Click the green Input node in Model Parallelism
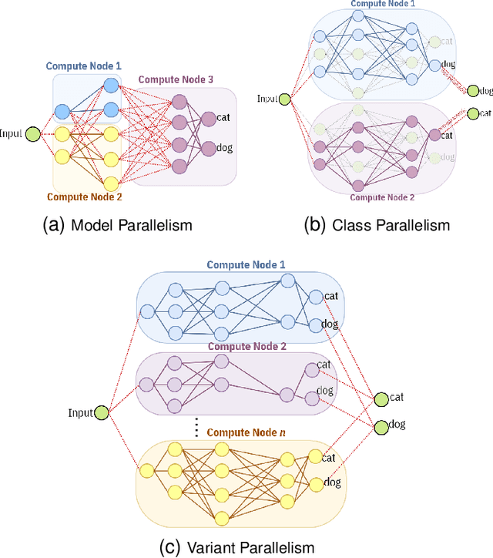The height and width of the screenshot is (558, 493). tap(32, 134)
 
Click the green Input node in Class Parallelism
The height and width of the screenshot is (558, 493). tap(284, 99)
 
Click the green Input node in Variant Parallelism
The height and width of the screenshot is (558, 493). tap(100, 413)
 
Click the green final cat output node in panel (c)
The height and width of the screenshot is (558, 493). tap(381, 398)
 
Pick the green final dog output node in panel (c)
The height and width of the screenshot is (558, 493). tap(381, 425)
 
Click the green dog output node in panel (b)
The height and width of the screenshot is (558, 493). tap(472, 91)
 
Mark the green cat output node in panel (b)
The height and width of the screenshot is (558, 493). tap(472, 113)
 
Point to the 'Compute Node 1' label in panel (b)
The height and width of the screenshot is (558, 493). tap(384, 5)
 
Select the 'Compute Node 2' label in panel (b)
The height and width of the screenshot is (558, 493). tap(383, 197)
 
